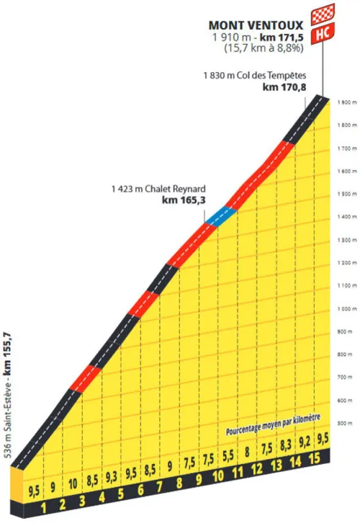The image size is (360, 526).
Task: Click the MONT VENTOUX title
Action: click(x=255, y=23)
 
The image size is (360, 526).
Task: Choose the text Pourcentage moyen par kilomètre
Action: click(x=272, y=428)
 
